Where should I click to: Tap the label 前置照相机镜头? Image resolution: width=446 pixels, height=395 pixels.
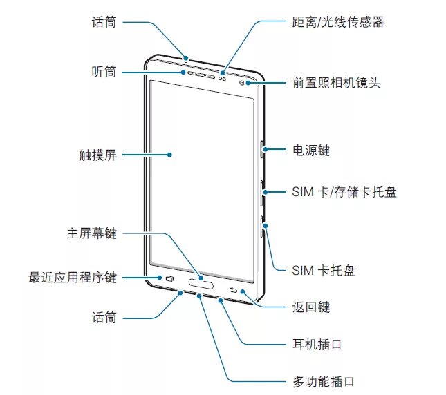pos(337,84)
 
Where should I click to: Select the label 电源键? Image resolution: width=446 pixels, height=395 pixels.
pos(311,149)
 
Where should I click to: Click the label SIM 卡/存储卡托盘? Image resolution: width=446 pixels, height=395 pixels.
pos(344,191)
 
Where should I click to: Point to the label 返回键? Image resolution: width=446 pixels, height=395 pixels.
pos(311,307)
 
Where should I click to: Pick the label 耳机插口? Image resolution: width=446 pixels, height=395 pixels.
pos(317,344)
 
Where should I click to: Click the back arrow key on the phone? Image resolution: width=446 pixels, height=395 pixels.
pos(234,280)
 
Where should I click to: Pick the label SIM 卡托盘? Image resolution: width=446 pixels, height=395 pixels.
pos(323,270)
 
